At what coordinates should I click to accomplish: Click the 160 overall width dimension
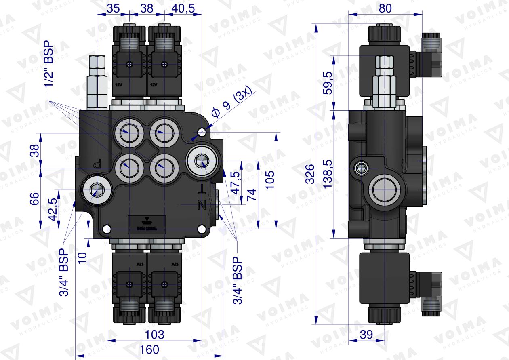(x=150, y=349)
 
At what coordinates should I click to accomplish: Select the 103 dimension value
(x=154, y=334)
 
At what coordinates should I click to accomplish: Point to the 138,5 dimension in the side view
(x=328, y=174)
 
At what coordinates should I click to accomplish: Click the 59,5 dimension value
(x=328, y=83)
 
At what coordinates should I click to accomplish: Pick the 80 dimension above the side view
(x=385, y=8)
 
